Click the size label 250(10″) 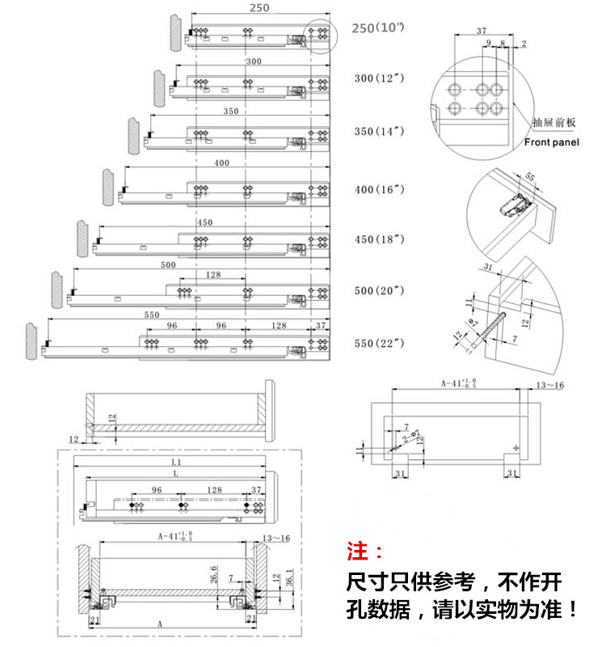pos(378,28)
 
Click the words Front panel pos(552,142)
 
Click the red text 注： pos(366,552)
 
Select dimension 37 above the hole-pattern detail pos(482,31)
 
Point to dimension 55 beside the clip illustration pos(529,176)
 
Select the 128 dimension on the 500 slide pos(213,275)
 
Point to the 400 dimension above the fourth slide pos(221,163)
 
